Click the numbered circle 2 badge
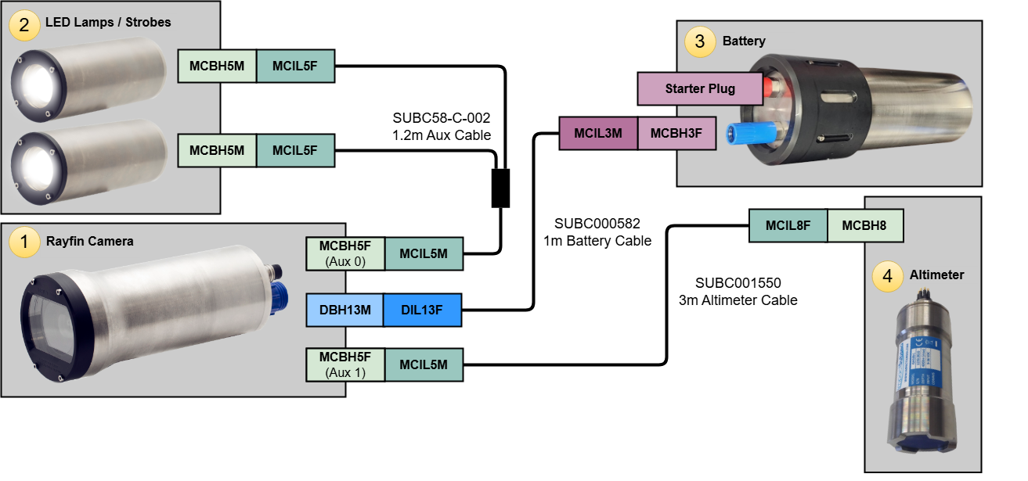[x=24, y=24]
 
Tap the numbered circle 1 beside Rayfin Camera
[x=24, y=242]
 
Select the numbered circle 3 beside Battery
[x=700, y=41]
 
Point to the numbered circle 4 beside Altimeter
[x=887, y=277]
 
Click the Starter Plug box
[x=700, y=89]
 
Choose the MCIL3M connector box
[x=598, y=134]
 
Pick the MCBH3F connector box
[x=676, y=134]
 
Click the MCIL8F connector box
[x=788, y=226]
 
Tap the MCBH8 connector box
[x=864, y=226]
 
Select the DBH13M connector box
[x=344, y=310]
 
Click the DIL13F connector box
[x=422, y=310]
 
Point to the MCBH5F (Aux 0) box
[x=344, y=254]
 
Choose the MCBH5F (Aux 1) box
[x=344, y=365]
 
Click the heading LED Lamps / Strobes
[x=107, y=23]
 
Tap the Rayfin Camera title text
[x=89, y=241]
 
